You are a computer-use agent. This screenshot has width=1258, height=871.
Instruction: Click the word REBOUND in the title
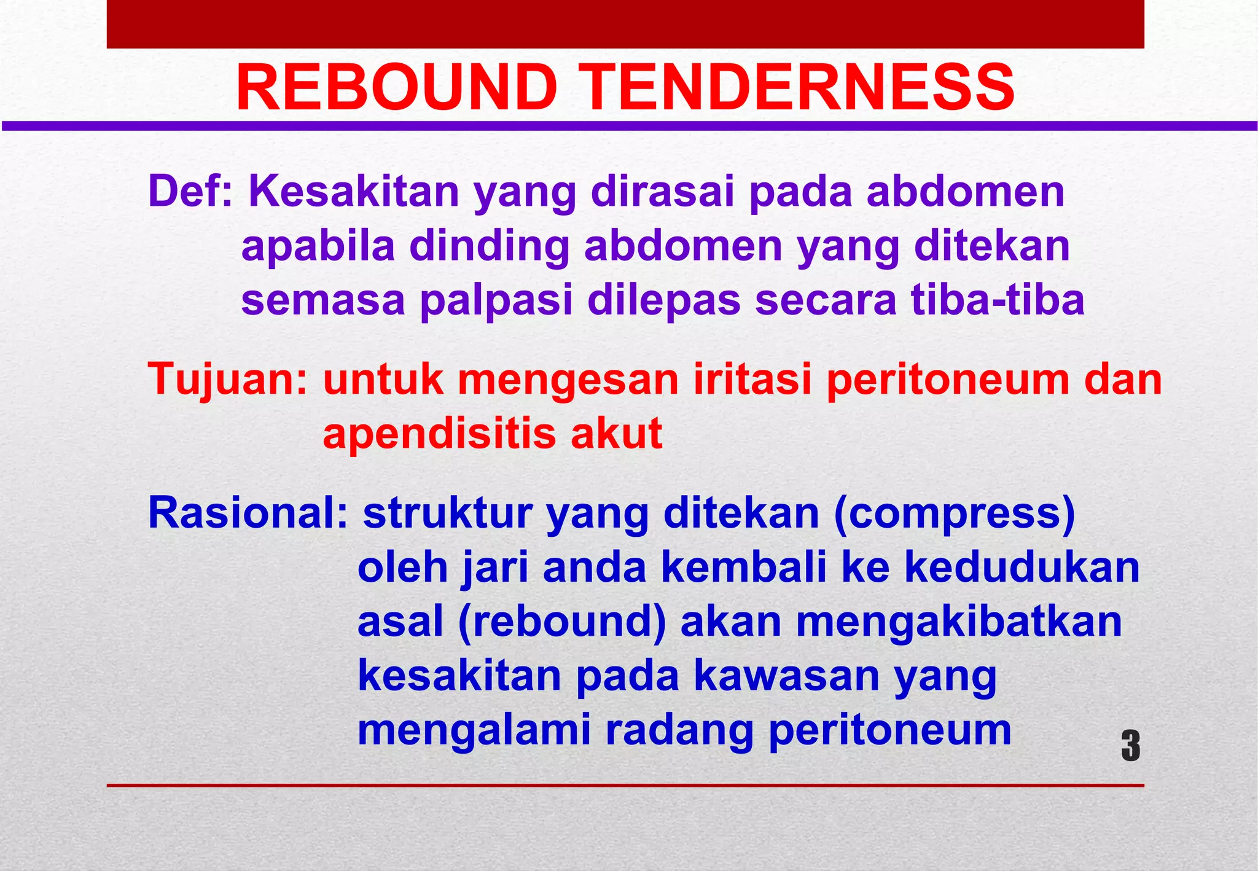pyautogui.click(x=396, y=88)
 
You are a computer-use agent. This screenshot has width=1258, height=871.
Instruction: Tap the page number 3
pyautogui.click(x=1130, y=746)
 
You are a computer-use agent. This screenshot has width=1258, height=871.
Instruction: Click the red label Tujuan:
pyautogui.click(x=228, y=379)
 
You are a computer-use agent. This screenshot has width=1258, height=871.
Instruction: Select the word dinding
pyautogui.click(x=489, y=246)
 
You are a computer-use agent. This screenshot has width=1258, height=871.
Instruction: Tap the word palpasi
pyautogui.click(x=496, y=301)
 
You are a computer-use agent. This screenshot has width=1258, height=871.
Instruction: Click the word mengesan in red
pyautogui.click(x=568, y=380)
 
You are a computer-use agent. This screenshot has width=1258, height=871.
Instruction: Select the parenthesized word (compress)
pyautogui.click(x=954, y=514)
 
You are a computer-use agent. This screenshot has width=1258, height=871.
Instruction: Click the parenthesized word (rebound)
pyautogui.click(x=561, y=622)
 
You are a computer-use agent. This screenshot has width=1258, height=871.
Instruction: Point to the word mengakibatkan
pyautogui.click(x=959, y=622)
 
